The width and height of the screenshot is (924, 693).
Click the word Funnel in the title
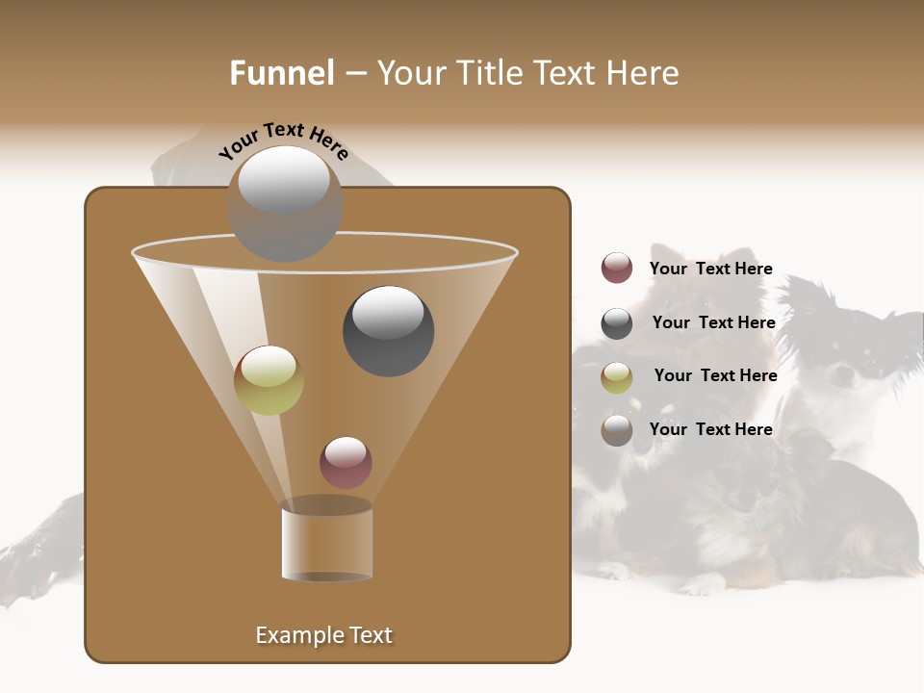[281, 73]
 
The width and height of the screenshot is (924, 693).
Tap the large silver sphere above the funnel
[285, 203]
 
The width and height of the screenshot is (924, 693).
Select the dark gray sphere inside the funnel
[388, 331]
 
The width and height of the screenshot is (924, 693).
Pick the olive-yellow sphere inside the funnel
[269, 380]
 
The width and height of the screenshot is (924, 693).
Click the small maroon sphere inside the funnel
[346, 463]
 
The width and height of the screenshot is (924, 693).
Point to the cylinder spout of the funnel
[326, 541]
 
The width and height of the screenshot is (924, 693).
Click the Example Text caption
[323, 635]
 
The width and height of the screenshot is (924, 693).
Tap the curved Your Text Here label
[283, 140]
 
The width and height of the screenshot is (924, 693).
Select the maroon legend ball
[617, 269]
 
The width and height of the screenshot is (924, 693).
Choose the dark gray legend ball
[617, 323]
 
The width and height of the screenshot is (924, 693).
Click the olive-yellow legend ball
[617, 377]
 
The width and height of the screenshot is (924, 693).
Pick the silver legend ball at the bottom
[617, 430]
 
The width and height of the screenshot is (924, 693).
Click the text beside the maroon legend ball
[710, 269]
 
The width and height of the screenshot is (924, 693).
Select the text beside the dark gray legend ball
[713, 322]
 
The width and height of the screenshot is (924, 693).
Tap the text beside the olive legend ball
[715, 375]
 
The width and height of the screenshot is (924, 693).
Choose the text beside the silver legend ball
[710, 429]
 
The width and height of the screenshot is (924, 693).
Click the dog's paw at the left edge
[24, 568]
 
